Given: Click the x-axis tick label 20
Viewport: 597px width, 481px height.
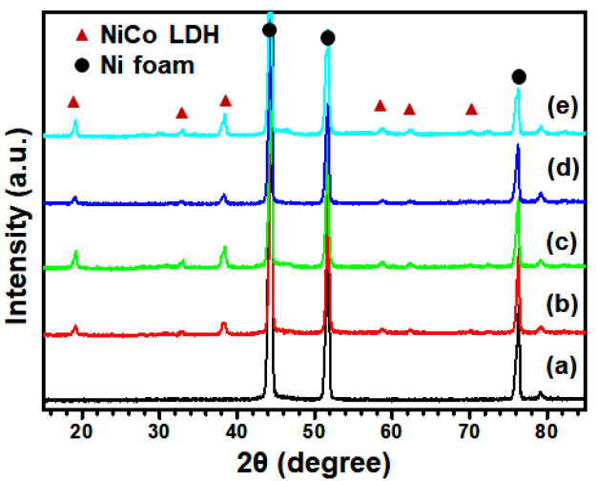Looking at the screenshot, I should coord(83,427).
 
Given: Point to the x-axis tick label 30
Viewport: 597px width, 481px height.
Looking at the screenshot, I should coord(160,427).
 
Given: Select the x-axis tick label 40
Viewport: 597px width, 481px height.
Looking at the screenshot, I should coord(237,427).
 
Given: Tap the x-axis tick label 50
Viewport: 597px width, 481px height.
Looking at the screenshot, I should coord(315,427).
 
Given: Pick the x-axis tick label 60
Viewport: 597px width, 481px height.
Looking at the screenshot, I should coord(391,427).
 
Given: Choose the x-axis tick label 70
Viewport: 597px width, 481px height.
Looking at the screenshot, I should coord(468,427).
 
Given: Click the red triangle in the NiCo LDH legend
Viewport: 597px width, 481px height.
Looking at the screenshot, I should coord(82,36).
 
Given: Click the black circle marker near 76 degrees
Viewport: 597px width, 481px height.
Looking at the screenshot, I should coord(519,76).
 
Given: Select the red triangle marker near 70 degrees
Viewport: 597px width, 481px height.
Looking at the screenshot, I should coord(471,110).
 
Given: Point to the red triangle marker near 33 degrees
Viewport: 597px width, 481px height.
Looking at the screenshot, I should coord(181,114).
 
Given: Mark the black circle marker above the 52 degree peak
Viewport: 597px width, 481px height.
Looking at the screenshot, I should coord(328,37).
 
